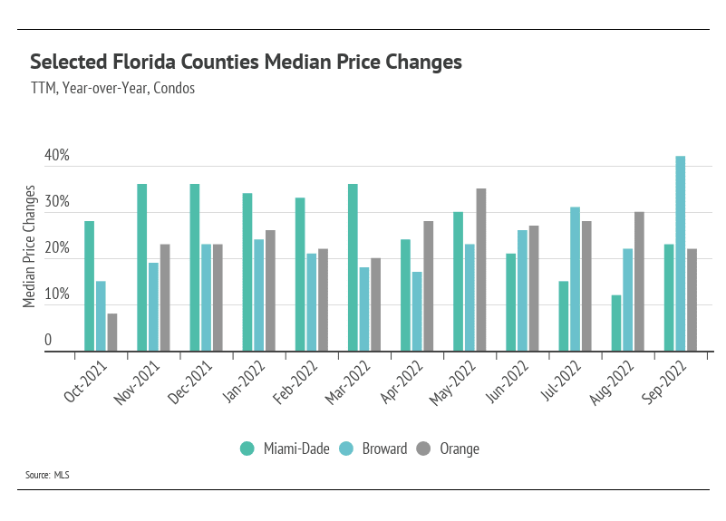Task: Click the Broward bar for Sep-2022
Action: tap(681, 254)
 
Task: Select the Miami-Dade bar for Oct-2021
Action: tap(90, 285)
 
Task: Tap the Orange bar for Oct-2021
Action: tap(111, 332)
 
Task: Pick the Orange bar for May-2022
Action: tap(480, 269)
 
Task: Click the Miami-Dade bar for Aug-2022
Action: tap(616, 323)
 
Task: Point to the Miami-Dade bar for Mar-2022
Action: tap(353, 267)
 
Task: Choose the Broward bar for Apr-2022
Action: tap(417, 311)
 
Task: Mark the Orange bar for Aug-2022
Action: tap(639, 281)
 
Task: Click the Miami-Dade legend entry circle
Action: tap(247, 449)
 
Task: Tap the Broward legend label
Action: tap(384, 449)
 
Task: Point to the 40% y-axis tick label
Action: tap(57, 156)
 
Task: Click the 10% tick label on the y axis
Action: tap(57, 294)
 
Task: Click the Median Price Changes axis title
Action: tap(30, 246)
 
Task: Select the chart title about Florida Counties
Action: tap(247, 62)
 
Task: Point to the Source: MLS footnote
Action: tap(48, 475)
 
